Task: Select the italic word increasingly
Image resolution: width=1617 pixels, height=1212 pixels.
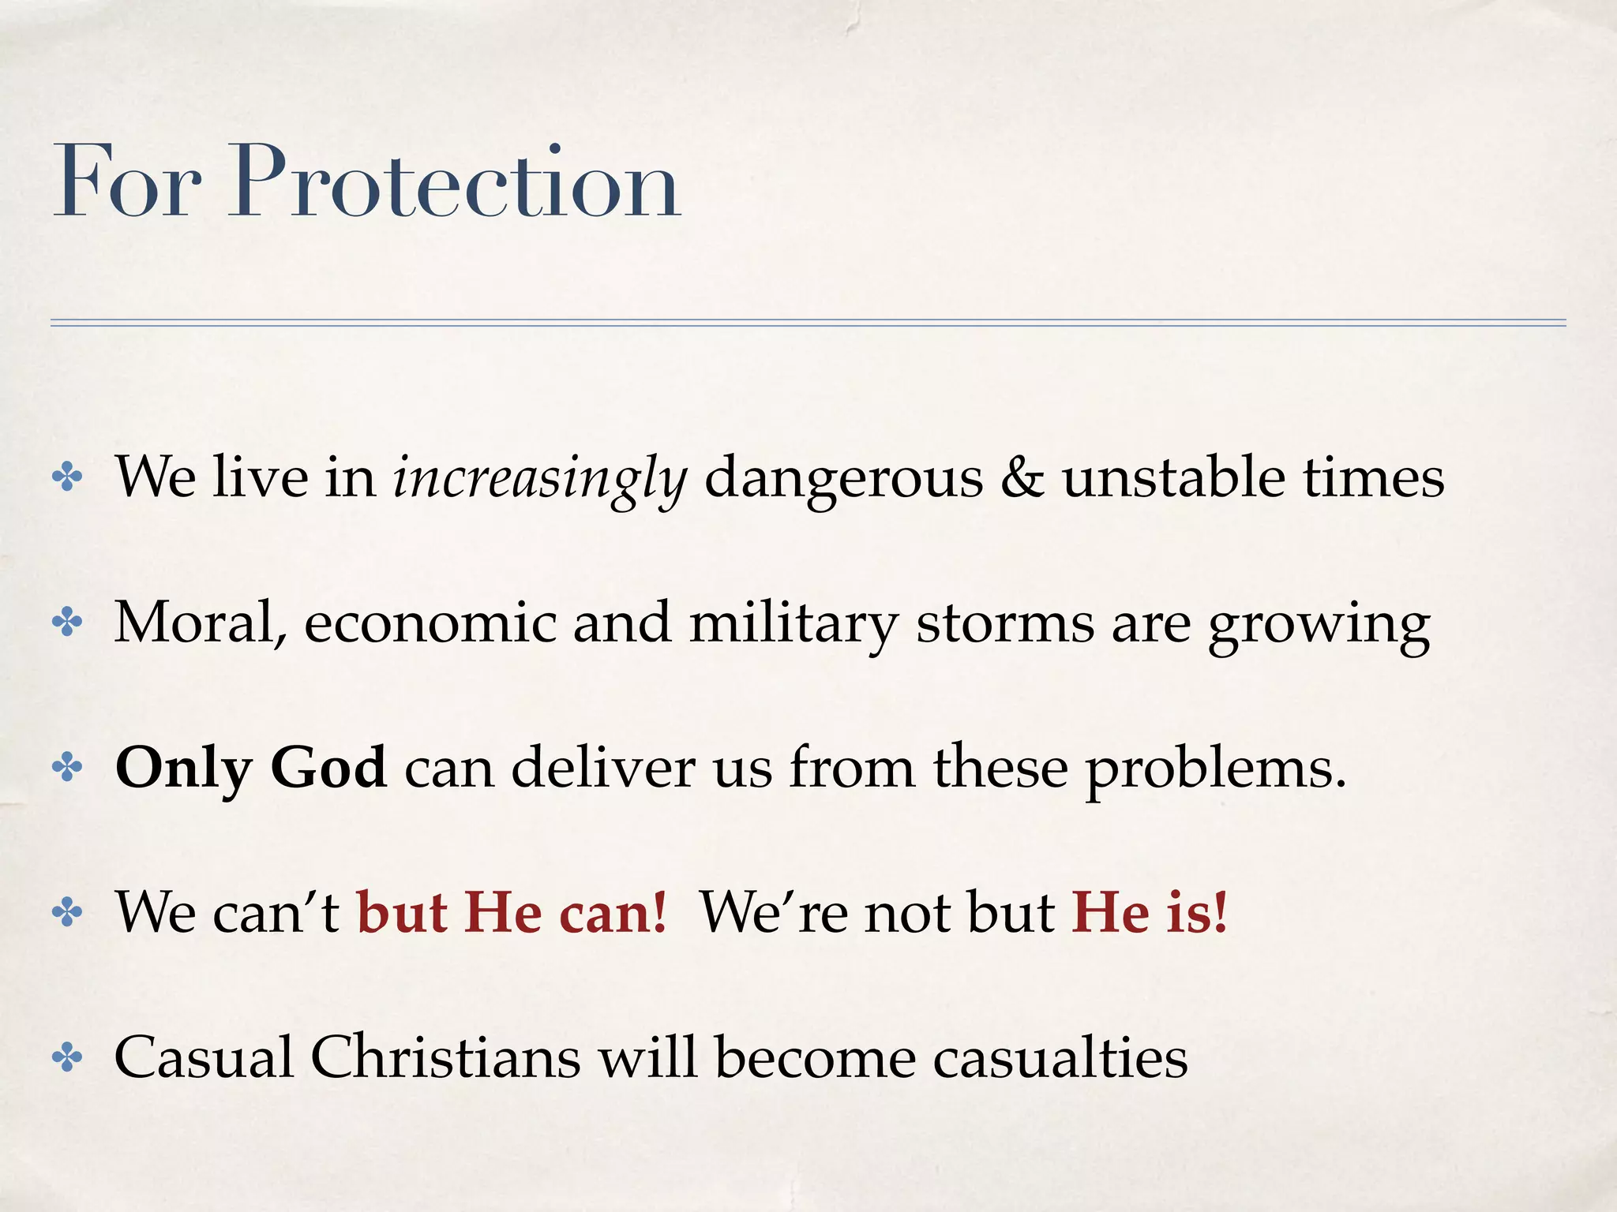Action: pyautogui.click(x=540, y=478)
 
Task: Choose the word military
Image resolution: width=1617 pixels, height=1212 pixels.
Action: pyautogui.click(x=793, y=623)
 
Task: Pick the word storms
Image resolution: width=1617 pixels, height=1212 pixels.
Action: pyautogui.click(x=1004, y=623)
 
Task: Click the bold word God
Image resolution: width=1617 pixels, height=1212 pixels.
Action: pyautogui.click(x=328, y=768)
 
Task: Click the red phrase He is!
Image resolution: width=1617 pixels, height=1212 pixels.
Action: pyautogui.click(x=1150, y=913)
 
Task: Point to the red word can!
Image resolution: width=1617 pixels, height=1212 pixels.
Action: pyautogui.click(x=613, y=913)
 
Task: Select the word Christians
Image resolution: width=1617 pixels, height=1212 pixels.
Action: pyautogui.click(x=445, y=1057)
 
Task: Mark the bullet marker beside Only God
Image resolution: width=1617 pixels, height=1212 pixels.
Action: pyautogui.click(x=67, y=768)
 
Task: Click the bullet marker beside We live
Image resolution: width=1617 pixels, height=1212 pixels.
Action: pyautogui.click(x=67, y=478)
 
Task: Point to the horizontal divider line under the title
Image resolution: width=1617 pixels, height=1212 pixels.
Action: pyautogui.click(x=808, y=323)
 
